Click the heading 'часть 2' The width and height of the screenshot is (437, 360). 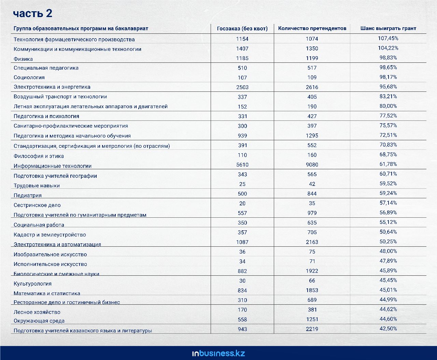point(32,13)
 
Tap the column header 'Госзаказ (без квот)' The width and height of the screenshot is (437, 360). point(242,28)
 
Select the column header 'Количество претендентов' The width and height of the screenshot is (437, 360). point(312,28)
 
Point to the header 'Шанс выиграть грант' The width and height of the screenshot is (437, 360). point(388,28)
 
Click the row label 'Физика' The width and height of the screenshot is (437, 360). point(23,59)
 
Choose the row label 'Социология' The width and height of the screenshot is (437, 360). point(29,77)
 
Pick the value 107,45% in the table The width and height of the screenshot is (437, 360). point(388,38)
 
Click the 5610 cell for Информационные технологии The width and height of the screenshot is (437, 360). point(242,164)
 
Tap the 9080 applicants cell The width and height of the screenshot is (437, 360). point(312,164)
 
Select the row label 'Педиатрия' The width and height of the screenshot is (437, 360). point(28,196)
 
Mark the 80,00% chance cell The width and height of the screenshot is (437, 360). point(388,106)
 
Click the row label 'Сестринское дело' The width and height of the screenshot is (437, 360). point(37,205)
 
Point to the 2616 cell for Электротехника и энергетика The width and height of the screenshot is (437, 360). point(312,87)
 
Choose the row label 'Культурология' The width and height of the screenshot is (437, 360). point(32,284)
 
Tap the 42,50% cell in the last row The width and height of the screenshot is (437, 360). point(388,329)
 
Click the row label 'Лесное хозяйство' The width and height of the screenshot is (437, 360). point(37,312)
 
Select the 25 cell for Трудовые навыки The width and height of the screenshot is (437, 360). point(242,184)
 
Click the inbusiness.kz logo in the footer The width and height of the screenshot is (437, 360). point(218,353)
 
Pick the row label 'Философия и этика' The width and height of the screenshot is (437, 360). point(39,156)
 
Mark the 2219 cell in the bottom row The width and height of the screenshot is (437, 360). point(312,329)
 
